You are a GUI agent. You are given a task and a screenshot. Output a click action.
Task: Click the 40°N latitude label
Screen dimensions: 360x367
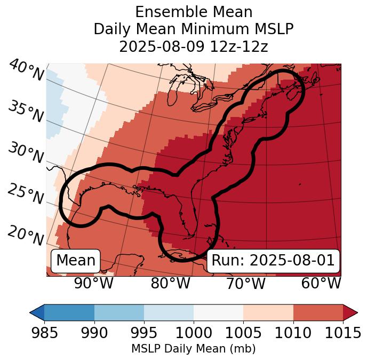(x=26, y=72)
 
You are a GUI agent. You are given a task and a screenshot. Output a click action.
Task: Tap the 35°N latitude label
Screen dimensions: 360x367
(x=25, y=112)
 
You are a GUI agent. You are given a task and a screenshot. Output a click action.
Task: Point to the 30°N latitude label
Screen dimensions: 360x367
(x=25, y=153)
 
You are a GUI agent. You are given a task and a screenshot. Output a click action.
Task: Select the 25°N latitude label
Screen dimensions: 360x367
(x=25, y=194)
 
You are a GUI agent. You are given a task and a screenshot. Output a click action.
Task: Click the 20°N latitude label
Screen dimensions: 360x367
(x=25, y=234)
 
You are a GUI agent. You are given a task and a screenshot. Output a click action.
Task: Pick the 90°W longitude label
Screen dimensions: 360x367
(x=94, y=284)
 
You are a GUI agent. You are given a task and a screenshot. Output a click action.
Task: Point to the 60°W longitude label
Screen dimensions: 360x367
(x=321, y=284)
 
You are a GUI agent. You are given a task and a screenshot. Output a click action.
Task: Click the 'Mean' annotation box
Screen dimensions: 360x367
(x=76, y=261)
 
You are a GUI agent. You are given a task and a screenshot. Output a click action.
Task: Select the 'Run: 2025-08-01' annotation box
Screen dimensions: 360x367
(x=273, y=261)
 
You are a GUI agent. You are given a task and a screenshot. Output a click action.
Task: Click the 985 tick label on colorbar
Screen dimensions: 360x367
(x=44, y=333)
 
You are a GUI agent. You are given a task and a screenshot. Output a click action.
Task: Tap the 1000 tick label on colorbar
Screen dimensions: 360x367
(x=194, y=333)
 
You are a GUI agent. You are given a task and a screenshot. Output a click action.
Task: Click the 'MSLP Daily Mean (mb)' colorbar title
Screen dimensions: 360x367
(x=193, y=349)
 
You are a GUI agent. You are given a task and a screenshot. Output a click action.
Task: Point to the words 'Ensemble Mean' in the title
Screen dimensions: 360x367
(x=193, y=12)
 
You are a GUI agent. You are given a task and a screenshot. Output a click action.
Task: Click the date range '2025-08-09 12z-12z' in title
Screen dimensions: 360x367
(x=193, y=46)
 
